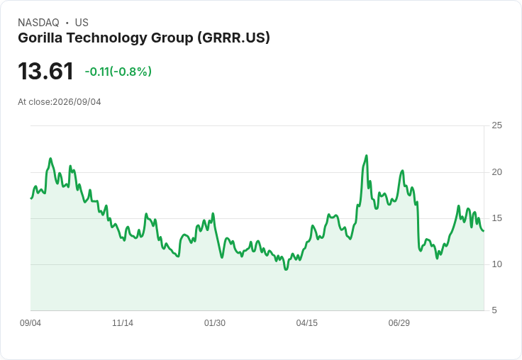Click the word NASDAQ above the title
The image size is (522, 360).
pos(38,23)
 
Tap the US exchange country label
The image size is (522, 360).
pos(82,23)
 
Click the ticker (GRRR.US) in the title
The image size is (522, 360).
pos(233,38)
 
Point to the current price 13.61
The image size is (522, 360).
pos(45,71)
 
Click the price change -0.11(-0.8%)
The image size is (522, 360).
pos(118,72)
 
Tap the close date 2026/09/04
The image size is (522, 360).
pos(77,102)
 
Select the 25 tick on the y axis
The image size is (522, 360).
pos(496,125)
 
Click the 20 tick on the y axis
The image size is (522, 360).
pos(496,172)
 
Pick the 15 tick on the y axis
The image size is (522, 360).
pos(496,218)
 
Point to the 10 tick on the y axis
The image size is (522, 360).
pos(496,264)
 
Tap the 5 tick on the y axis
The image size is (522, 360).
pos(494,310)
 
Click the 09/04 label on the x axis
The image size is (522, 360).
pos(30,323)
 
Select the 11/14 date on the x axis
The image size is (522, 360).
pos(123,323)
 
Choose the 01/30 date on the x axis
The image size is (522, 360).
pos(215,323)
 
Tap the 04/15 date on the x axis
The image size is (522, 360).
pos(307,323)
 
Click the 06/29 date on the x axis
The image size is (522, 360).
pos(399,323)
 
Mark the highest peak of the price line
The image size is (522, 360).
pos(367,155)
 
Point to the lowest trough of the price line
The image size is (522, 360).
pos(286,269)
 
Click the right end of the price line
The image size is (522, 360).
pos(484,231)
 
